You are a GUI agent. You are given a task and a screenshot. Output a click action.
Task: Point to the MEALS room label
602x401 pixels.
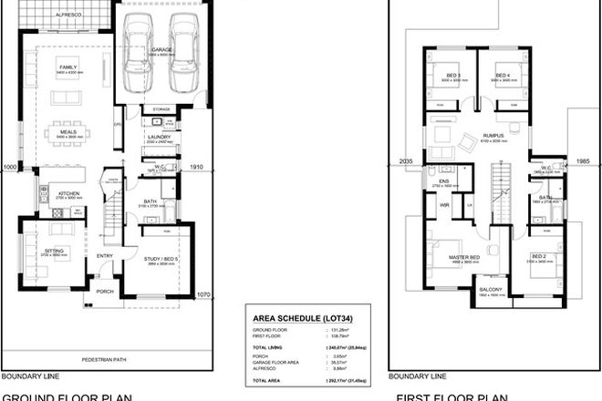pos(67,131)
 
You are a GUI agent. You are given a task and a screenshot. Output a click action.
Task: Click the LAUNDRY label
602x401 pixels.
pos(160,138)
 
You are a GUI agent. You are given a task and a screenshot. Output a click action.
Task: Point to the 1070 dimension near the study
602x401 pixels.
pos(203,294)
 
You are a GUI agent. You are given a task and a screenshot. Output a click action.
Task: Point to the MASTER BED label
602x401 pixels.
pos(463,257)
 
